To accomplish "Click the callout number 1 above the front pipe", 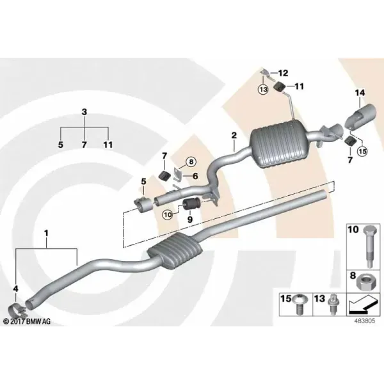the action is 46,233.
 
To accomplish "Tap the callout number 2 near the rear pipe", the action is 234,135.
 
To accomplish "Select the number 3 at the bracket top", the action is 84,112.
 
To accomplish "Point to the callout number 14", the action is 360,93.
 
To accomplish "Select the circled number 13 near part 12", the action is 263,90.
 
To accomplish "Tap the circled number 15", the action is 362,151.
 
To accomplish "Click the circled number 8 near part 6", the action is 191,162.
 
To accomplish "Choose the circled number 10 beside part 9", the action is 168,215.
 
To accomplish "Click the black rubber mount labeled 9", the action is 192,205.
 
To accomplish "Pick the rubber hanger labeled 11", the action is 278,87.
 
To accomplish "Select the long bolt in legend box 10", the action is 369,246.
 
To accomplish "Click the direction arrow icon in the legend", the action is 362,305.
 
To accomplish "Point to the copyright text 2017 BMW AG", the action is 27,321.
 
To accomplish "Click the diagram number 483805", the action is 365,321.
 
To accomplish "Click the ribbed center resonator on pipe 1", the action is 175,250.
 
